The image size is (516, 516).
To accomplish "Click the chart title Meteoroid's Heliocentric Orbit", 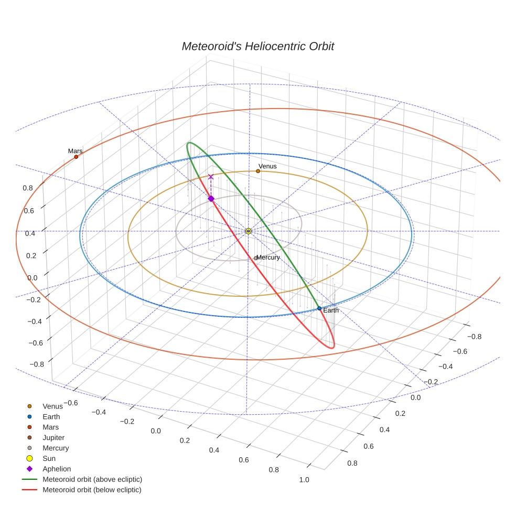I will point(257,46).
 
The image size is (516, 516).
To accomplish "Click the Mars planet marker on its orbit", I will point(76,157).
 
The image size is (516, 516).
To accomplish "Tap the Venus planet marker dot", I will point(258,171).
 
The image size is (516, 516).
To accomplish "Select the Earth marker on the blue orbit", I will point(319,308).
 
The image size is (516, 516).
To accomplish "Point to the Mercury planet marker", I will point(255,258).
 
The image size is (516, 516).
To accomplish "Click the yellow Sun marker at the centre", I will point(249,231).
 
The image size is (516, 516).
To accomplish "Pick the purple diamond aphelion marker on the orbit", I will point(211,199).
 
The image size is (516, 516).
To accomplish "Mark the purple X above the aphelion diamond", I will point(211,177).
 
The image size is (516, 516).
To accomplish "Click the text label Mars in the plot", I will point(75,151).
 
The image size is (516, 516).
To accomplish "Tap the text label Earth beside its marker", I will point(331,310).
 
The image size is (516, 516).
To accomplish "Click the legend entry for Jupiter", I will point(53,437).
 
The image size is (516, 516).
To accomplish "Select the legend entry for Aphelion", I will point(57,469).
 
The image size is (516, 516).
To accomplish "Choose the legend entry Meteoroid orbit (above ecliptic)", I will point(92,479).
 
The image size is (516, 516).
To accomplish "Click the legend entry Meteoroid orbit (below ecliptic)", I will point(92,490).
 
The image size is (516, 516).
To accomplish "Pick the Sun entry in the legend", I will point(49,458).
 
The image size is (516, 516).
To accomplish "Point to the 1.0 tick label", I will point(304,480).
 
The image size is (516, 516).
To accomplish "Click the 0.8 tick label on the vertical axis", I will point(28,188).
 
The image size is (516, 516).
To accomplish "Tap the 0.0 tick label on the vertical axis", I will point(33,277).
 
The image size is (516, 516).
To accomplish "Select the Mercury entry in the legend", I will point(56,448).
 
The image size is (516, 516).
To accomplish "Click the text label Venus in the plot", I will point(267,166).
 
